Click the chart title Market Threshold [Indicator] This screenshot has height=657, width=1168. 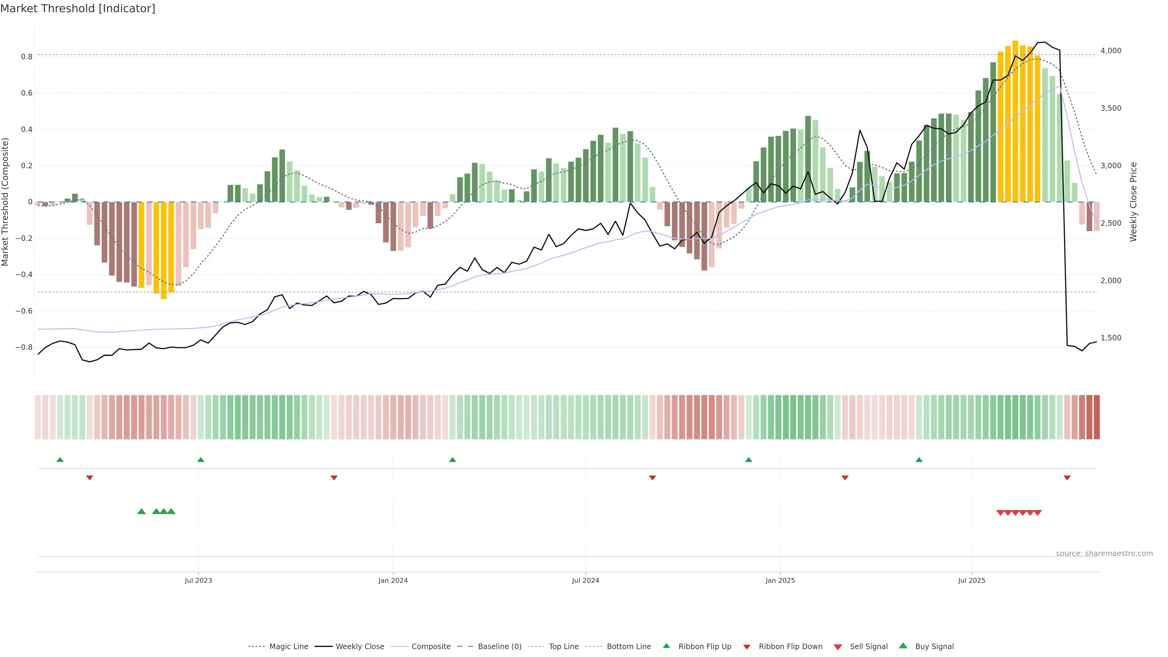click(78, 9)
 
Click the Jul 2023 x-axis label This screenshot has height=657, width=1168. click(198, 580)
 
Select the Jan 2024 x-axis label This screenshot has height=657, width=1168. click(393, 580)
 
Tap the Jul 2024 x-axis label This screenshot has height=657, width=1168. click(585, 580)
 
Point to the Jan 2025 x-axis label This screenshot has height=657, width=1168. click(780, 580)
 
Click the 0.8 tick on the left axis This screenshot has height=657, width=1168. click(27, 57)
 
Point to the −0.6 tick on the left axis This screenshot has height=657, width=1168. click(24, 311)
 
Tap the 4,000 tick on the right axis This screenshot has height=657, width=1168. click(1111, 51)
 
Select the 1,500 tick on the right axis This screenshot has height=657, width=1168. click(1111, 338)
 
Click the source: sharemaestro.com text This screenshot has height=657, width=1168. click(1104, 554)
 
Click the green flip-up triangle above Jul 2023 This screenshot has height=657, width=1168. click(201, 460)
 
